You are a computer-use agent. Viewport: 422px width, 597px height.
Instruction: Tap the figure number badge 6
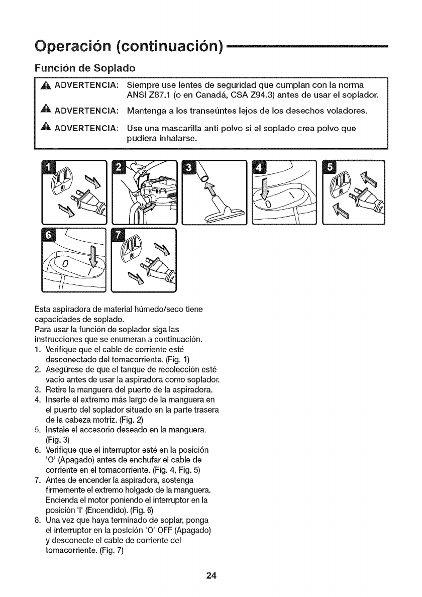[x=49, y=236]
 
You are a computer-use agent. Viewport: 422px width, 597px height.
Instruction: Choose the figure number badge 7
[x=119, y=236]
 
